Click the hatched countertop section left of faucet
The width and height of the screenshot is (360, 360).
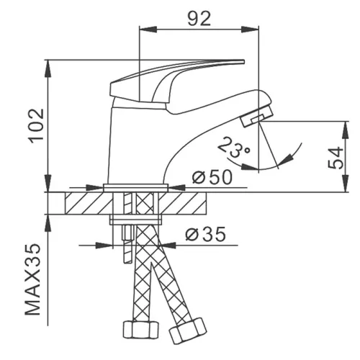(84, 202)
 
